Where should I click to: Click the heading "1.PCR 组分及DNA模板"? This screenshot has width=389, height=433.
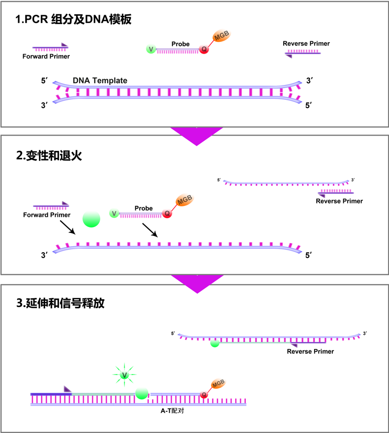[x=73, y=20]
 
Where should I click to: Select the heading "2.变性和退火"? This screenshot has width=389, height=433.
[x=49, y=156]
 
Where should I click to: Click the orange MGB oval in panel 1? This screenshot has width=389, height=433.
[x=221, y=36]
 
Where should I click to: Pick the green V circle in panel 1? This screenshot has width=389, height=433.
[x=151, y=49]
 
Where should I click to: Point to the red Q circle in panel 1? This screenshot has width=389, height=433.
[x=203, y=49]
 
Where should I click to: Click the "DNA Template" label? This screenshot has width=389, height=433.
[x=100, y=81]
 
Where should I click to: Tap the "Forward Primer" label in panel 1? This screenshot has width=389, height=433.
[x=46, y=56]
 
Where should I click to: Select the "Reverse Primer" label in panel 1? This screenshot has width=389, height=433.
[x=306, y=44]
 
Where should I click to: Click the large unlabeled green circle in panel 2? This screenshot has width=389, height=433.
[x=91, y=219]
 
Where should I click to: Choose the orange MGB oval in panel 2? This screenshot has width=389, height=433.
[x=184, y=201]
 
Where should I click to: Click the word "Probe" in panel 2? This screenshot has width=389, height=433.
[x=144, y=208]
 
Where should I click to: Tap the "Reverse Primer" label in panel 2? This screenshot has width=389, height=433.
[x=339, y=201]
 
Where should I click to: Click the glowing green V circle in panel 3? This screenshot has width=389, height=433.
[x=124, y=375]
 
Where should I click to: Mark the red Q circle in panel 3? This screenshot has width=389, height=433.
[x=204, y=394]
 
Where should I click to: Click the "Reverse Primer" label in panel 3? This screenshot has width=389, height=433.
[x=310, y=351]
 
